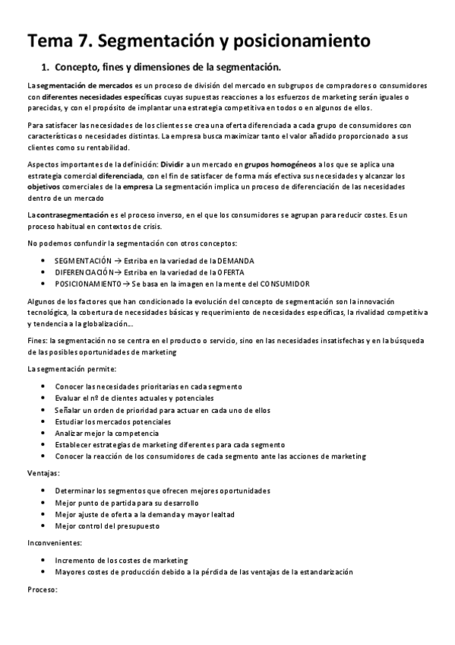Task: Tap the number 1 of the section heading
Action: pos(45,66)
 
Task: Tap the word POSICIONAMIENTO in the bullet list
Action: pos(88,283)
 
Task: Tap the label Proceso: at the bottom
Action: pos(42,589)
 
